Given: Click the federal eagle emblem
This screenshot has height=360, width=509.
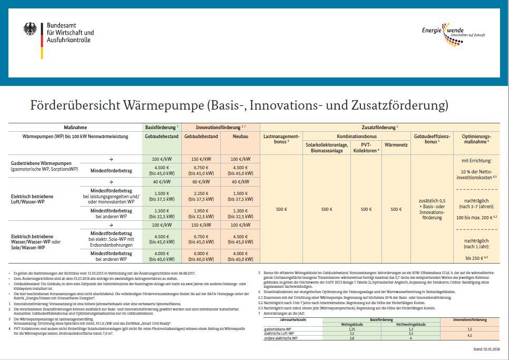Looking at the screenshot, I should click(x=30, y=29).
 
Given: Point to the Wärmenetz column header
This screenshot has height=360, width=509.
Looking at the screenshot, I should click(x=396, y=144).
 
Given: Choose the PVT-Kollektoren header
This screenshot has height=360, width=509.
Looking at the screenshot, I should click(x=366, y=147).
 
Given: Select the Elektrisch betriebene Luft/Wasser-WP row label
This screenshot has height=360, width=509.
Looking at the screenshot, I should click(x=32, y=199).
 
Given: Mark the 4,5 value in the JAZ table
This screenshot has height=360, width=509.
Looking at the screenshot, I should click(x=471, y=335).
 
